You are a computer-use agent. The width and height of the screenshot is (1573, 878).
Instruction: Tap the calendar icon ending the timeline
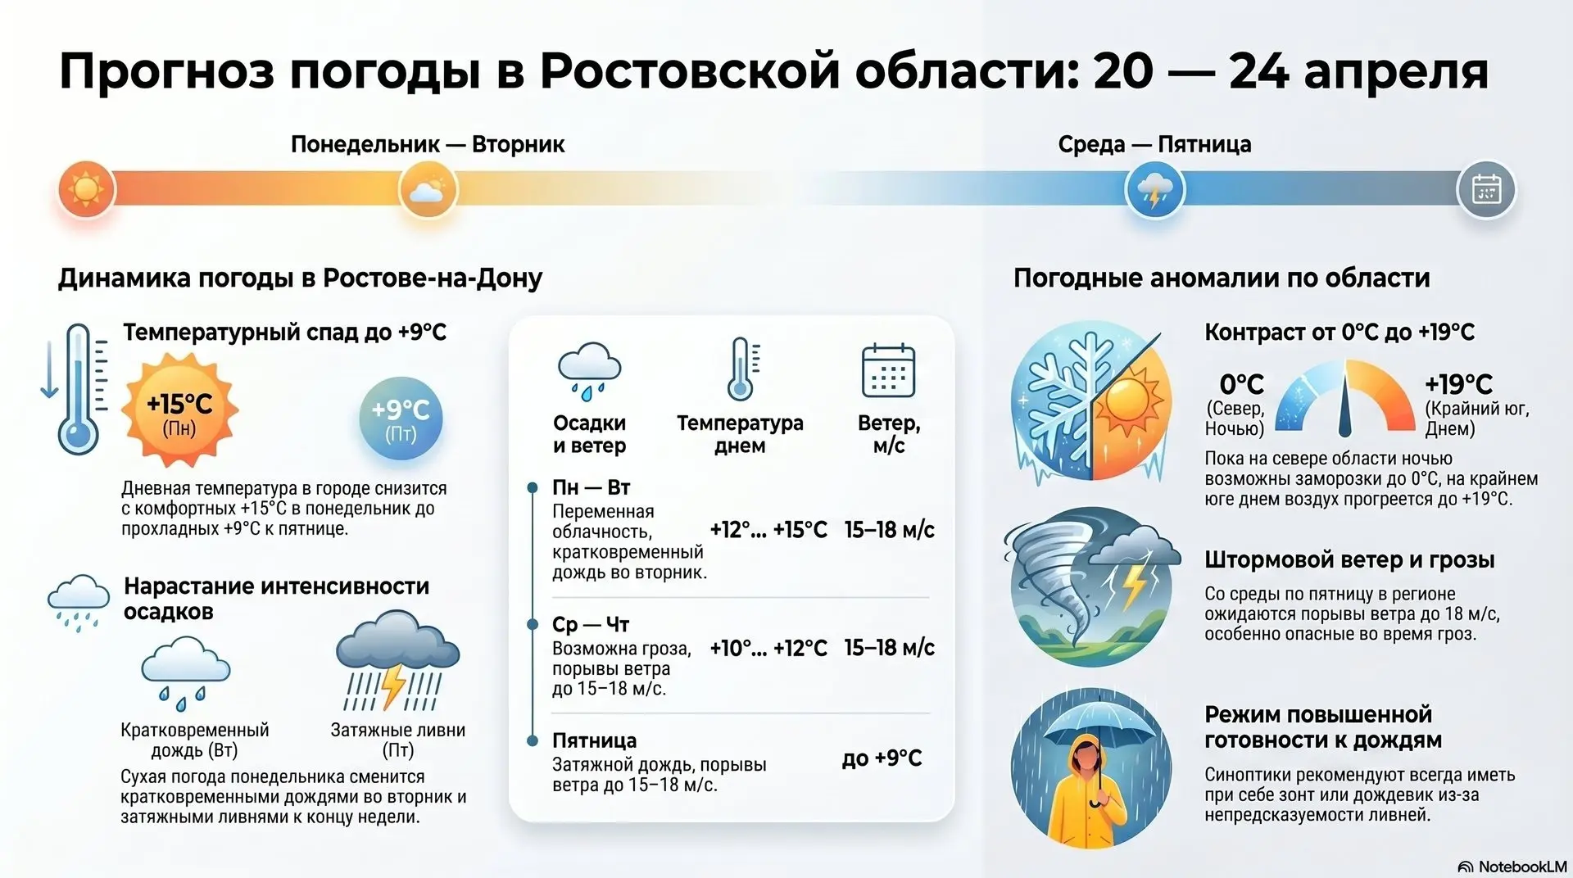click(x=1486, y=189)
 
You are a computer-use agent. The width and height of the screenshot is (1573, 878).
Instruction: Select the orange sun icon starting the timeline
click(x=86, y=189)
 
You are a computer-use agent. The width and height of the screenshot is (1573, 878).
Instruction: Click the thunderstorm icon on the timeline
click(x=1155, y=189)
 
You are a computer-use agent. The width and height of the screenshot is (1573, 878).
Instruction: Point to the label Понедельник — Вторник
click(x=428, y=144)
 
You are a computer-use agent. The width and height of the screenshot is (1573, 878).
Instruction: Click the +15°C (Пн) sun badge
click(x=179, y=411)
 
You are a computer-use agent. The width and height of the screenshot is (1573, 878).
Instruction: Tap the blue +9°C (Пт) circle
click(x=401, y=418)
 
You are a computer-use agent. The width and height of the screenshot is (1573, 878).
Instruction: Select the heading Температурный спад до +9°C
click(x=285, y=332)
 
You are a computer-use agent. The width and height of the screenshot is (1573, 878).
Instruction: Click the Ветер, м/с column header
click(x=889, y=434)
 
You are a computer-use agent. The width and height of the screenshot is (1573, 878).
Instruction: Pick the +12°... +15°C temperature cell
click(x=768, y=529)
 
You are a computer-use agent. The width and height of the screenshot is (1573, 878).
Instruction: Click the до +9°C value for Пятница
click(x=882, y=758)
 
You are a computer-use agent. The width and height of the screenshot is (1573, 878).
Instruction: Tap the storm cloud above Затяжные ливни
click(x=398, y=660)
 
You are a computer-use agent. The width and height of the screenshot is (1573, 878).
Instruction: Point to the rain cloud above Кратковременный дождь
click(x=186, y=673)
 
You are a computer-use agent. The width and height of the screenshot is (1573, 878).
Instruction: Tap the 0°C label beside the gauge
click(x=1242, y=383)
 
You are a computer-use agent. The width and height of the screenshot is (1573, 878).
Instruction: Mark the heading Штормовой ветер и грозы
click(x=1349, y=560)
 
